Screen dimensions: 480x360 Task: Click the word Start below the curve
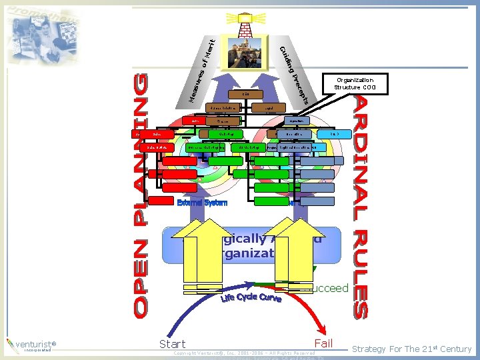coord(173,344)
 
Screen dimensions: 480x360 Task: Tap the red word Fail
coord(323,343)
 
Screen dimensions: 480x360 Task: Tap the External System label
coord(202,202)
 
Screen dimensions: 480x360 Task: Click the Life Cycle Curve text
coord(251,298)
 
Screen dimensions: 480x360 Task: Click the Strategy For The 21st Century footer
coord(411,349)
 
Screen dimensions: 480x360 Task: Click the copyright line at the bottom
coord(244,353)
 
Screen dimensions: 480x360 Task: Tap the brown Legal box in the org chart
coord(267,108)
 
